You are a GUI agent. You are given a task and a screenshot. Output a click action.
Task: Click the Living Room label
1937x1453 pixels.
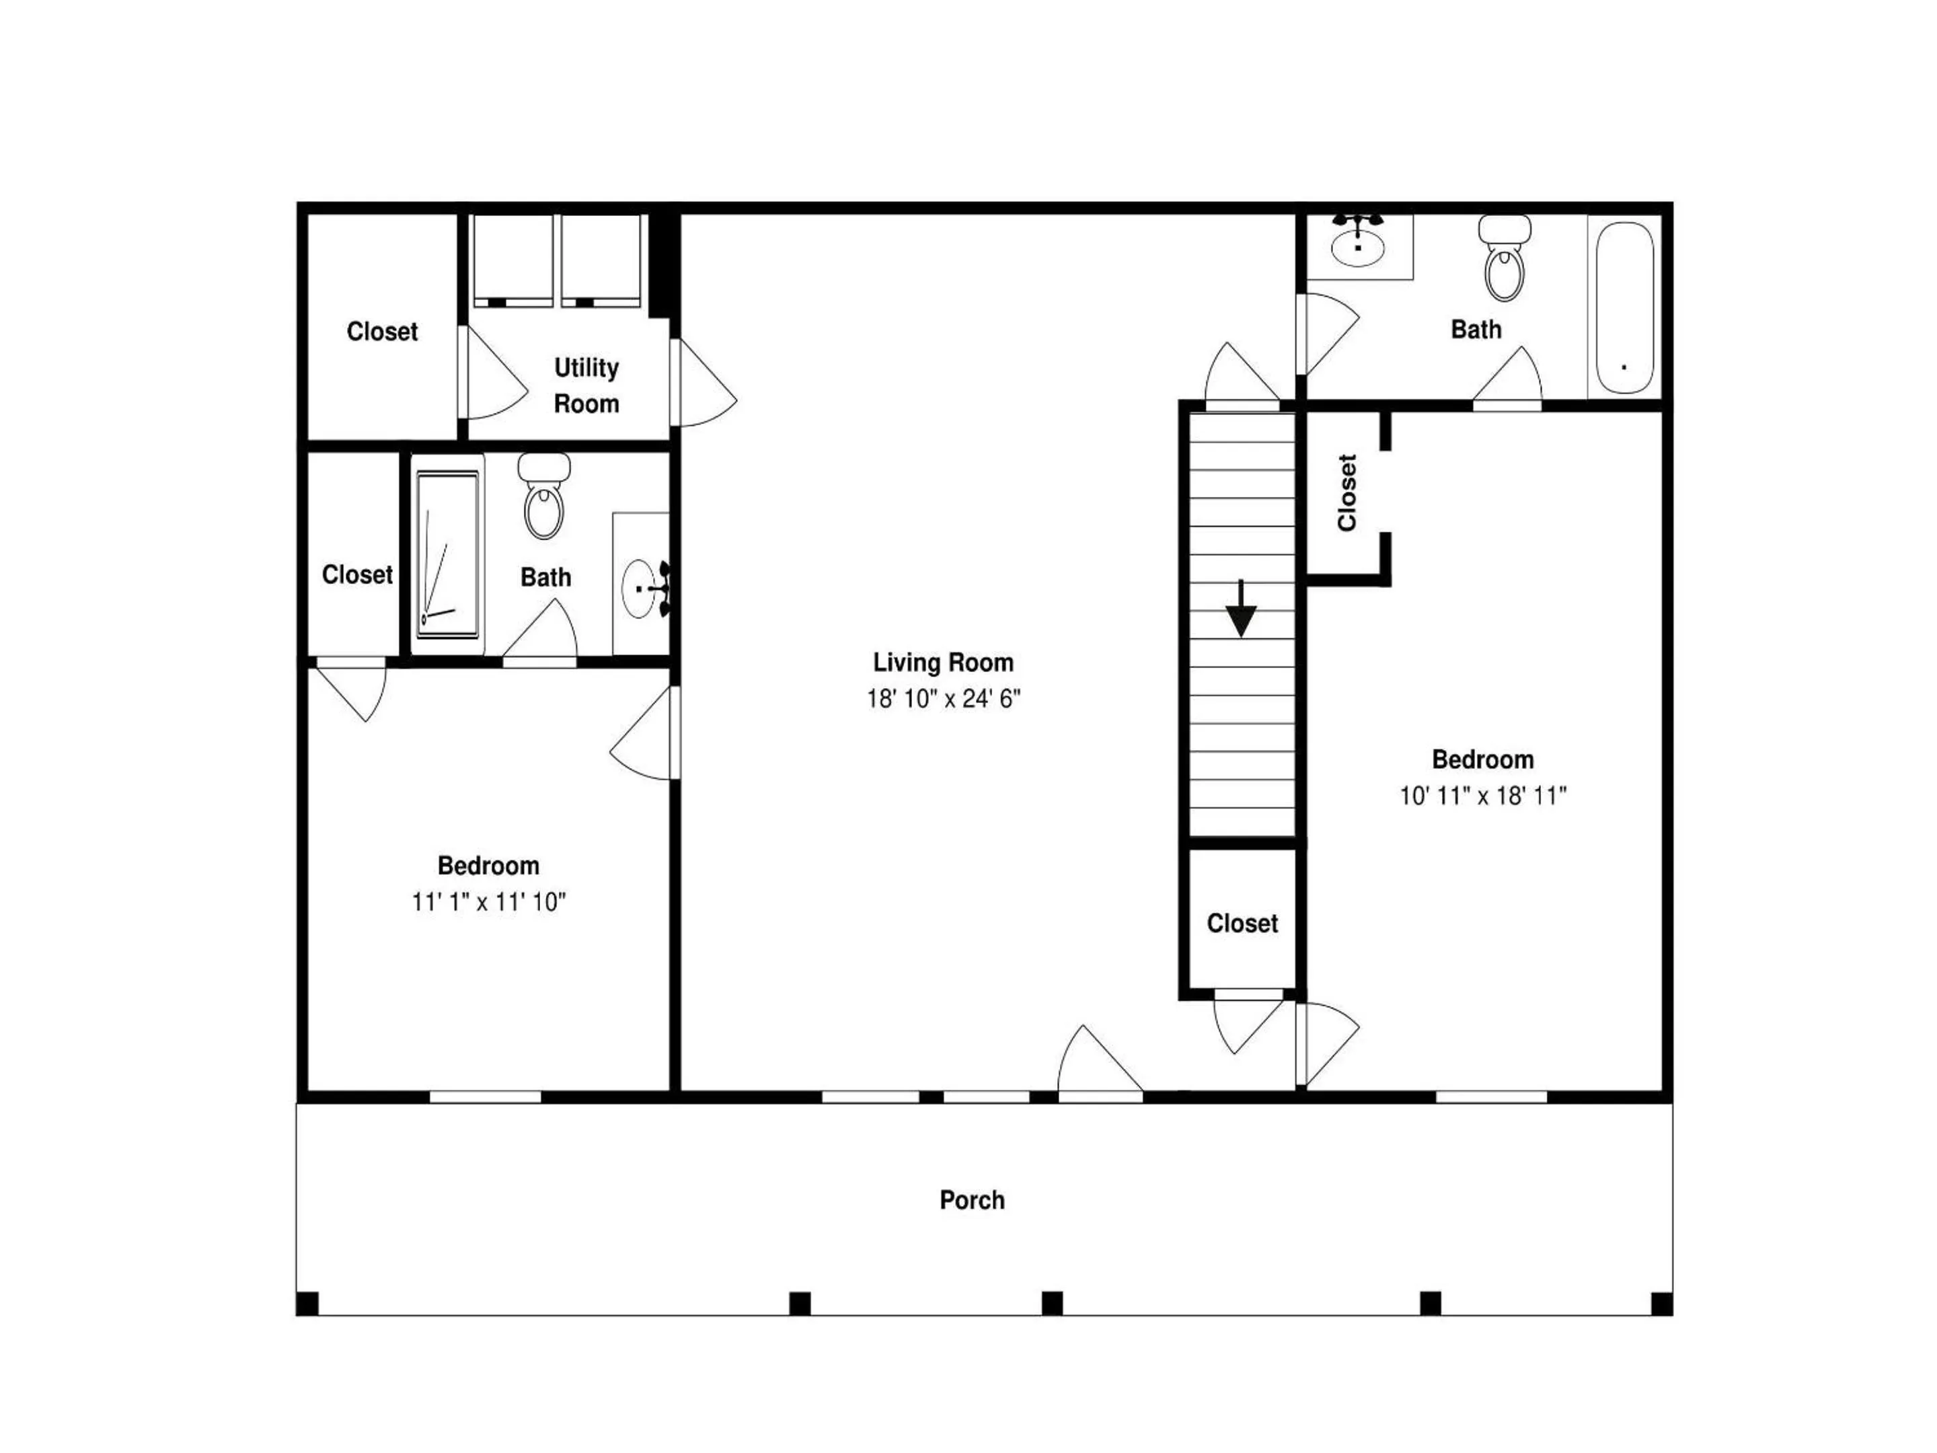[943, 662]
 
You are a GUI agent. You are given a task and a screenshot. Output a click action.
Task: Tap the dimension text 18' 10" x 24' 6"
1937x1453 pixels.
[943, 699]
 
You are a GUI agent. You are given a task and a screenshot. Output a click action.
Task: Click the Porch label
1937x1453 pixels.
[972, 1200]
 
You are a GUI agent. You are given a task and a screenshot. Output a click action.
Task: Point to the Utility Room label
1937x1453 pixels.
[586, 385]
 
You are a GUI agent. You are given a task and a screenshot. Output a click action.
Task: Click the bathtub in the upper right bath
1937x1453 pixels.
[1624, 307]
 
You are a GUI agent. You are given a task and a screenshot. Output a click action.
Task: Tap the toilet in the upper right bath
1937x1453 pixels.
[1505, 261]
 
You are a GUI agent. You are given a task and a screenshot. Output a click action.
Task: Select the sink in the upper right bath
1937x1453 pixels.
[1357, 246]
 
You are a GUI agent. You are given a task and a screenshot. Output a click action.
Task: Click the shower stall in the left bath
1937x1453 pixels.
[447, 554]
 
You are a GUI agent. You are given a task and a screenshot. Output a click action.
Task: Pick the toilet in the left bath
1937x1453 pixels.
[544, 498]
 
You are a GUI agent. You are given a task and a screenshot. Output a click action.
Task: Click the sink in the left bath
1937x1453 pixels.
[644, 589]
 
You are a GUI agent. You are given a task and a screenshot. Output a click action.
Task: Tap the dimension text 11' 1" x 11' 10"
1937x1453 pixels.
[489, 902]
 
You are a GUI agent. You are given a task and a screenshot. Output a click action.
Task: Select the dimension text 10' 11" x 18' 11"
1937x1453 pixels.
[1482, 795]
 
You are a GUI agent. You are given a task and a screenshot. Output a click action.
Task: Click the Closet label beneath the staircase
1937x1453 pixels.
[1242, 923]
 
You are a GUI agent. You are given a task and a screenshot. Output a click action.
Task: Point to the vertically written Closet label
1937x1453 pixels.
[1346, 492]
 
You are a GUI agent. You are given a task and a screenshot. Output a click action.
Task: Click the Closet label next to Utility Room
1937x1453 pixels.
[382, 331]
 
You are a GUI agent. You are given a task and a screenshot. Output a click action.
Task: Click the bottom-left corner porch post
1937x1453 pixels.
[307, 1303]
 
